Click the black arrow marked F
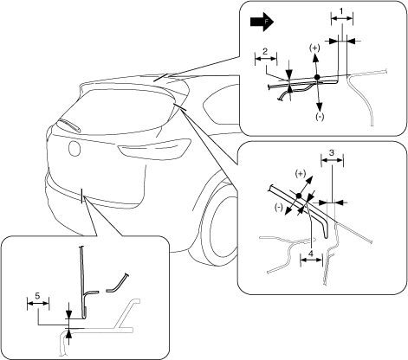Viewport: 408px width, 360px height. click(262, 22)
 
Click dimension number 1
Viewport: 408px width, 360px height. click(341, 11)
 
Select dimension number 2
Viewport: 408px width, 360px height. click(265, 51)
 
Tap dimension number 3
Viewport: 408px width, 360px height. click(332, 152)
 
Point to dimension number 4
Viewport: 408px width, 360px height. click(311, 254)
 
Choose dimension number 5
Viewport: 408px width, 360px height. click(37, 295)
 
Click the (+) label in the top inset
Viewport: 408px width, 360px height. click(314, 48)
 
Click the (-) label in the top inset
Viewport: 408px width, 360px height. click(320, 117)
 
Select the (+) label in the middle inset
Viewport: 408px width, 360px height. click(301, 174)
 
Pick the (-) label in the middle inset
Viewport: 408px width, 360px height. click(279, 207)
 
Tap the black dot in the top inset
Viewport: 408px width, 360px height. click(317, 77)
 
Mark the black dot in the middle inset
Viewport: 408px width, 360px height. click(299, 196)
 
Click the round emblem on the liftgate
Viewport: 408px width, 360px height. click(74, 148)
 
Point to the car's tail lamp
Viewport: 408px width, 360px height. click(154, 150)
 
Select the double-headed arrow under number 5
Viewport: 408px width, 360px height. click(38, 303)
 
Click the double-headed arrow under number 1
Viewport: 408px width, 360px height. click(342, 18)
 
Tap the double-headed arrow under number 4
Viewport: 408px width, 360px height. click(311, 260)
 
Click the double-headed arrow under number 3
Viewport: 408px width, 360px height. click(332, 159)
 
